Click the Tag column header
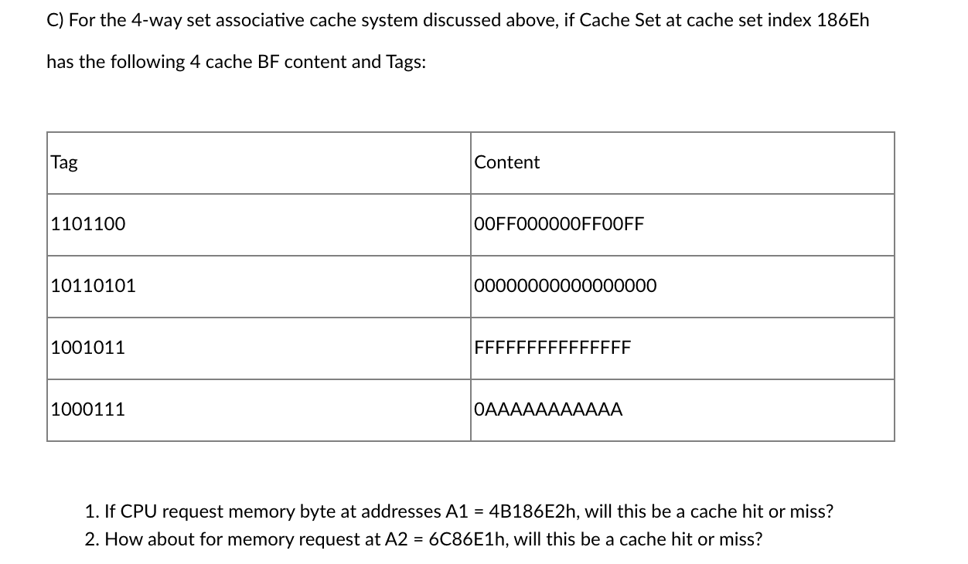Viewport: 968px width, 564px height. point(64,162)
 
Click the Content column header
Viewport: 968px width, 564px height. point(506,162)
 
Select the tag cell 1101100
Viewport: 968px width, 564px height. point(88,224)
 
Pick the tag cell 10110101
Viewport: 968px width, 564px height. point(93,286)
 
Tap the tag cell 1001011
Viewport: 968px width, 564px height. point(88,348)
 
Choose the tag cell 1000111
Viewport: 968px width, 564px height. point(88,409)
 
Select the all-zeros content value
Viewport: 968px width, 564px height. point(565,286)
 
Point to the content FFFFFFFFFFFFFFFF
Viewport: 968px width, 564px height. point(553,348)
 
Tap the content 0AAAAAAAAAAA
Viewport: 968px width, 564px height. point(548,409)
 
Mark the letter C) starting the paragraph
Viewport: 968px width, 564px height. point(55,20)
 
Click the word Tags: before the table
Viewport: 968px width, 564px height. point(406,62)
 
